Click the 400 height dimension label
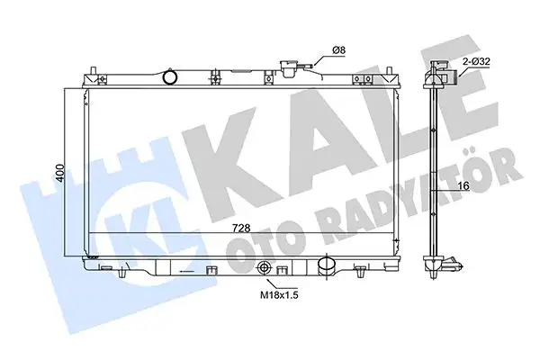coord(58,173)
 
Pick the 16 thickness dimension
coord(463,185)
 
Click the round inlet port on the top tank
coord(170,78)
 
